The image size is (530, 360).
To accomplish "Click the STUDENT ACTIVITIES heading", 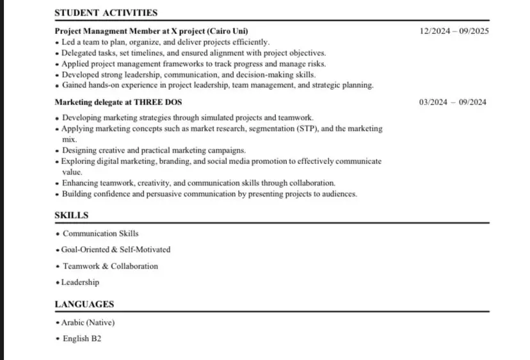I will pyautogui.click(x=106, y=12).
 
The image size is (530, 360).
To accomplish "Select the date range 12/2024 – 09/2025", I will pyautogui.click(x=454, y=31).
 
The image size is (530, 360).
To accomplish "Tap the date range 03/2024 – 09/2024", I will pyautogui.click(x=453, y=102).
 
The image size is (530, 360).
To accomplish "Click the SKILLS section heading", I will pyautogui.click(x=72, y=215).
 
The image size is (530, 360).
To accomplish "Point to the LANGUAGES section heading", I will pyautogui.click(x=84, y=304).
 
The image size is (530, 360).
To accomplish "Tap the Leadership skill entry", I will pyautogui.click(x=80, y=282).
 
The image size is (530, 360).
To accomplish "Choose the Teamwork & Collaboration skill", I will pyautogui.click(x=110, y=266).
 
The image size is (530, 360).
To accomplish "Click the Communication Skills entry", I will pyautogui.click(x=100, y=233).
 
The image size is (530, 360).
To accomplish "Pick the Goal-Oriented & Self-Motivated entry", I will pyautogui.click(x=116, y=249).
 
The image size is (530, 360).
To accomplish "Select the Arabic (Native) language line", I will pyautogui.click(x=88, y=323).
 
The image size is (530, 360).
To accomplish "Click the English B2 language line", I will pyautogui.click(x=82, y=338).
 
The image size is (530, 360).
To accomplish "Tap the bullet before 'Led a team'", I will pyautogui.click(x=57, y=42).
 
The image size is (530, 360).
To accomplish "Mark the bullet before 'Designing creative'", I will pyautogui.click(x=58, y=151).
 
